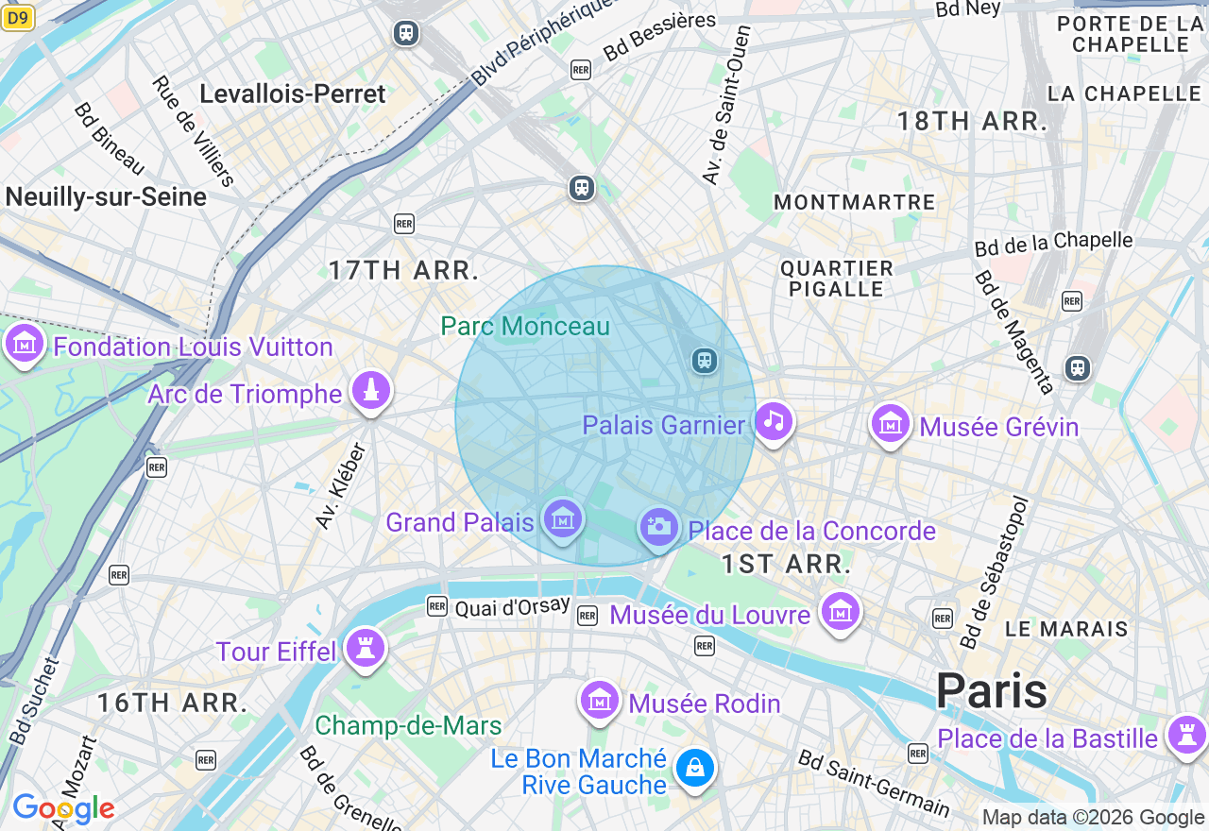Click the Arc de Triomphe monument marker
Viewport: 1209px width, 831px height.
(x=371, y=392)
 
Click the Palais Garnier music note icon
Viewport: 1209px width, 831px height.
(x=774, y=421)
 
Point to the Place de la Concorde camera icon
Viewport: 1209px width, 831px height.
(x=658, y=527)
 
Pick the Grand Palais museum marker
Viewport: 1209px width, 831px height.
(x=563, y=519)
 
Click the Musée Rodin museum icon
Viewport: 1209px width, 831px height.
(x=600, y=702)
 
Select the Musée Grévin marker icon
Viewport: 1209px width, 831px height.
(x=890, y=425)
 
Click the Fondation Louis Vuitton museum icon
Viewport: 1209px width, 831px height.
(x=25, y=345)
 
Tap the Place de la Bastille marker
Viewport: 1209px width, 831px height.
(x=1186, y=736)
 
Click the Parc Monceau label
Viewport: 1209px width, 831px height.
(x=525, y=327)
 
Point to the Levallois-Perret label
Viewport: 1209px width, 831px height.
(x=293, y=93)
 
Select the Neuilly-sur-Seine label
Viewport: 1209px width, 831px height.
(x=106, y=196)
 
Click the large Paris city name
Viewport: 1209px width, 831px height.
(x=991, y=690)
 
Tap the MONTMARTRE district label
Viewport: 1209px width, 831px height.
(x=854, y=202)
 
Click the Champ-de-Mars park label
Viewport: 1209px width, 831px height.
(x=408, y=725)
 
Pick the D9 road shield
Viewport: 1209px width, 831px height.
(x=17, y=17)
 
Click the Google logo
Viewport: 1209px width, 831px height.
(x=63, y=809)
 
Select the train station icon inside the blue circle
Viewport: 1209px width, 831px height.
(x=704, y=361)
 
